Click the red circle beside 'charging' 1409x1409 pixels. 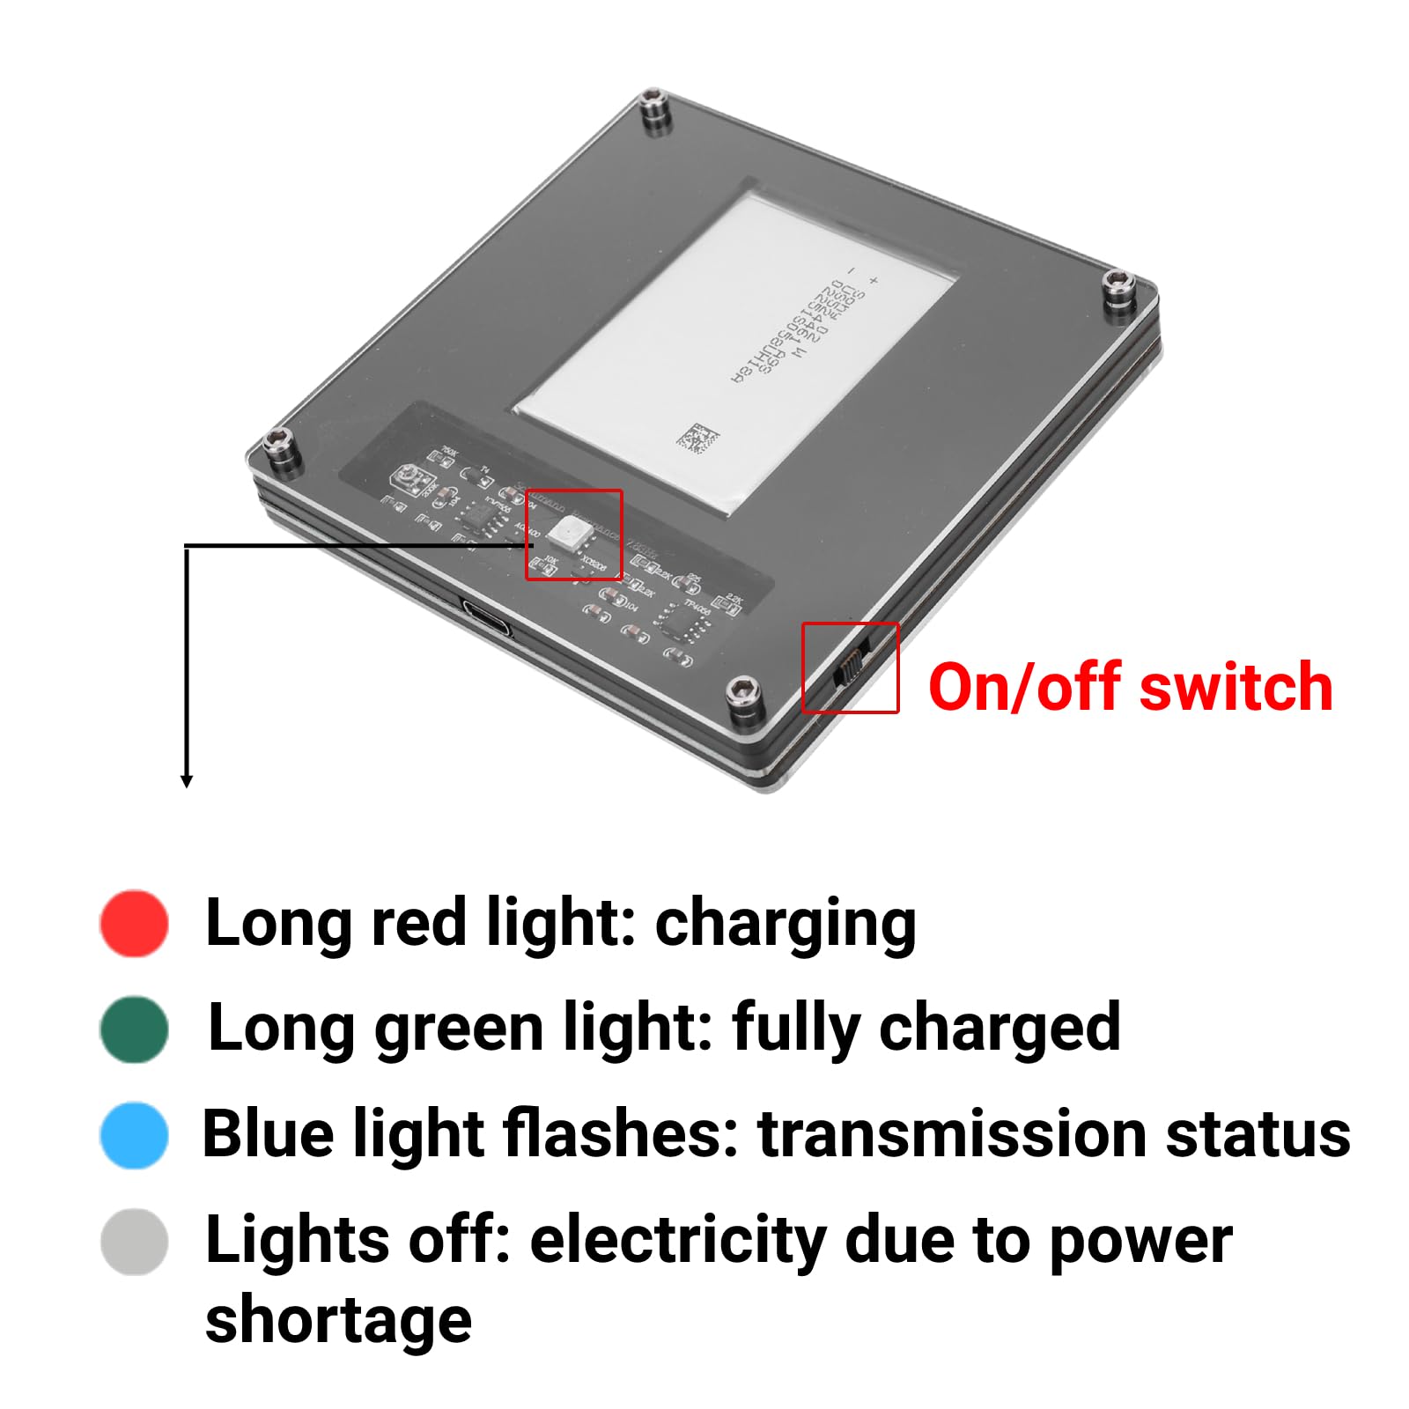pos(134,922)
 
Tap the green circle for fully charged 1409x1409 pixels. pos(134,1029)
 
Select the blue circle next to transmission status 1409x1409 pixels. pos(134,1134)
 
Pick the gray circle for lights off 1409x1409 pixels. pos(134,1241)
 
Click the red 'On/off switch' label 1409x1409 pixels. pos(1130,687)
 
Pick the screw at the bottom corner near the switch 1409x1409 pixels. pos(742,696)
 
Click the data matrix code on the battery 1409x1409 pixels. pos(697,438)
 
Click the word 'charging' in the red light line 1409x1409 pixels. pos(786,924)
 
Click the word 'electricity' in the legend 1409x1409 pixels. pos(677,1241)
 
